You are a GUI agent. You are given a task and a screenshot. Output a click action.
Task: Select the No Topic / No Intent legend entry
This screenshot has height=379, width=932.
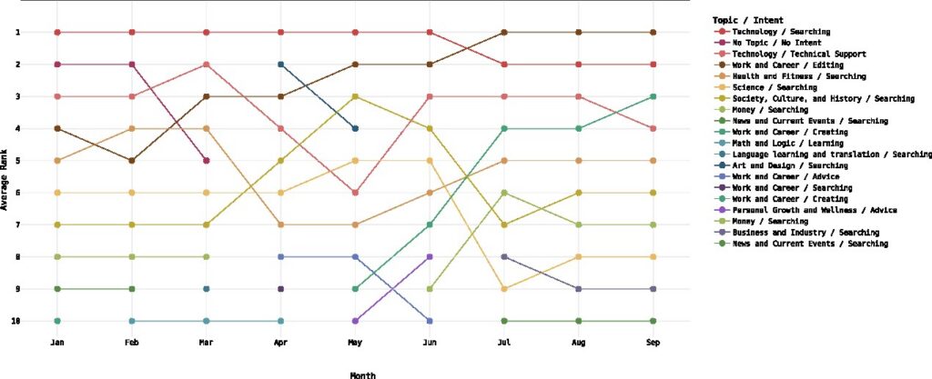pos(769,43)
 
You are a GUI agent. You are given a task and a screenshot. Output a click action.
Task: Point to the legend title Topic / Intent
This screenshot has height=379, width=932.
pos(749,19)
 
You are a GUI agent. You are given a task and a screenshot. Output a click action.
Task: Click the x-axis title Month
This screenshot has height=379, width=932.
pos(363,374)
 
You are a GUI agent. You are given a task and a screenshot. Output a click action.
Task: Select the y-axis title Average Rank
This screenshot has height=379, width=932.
pos(6,176)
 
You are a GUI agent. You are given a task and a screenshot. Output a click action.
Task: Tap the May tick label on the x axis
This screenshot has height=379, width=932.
pos(356,343)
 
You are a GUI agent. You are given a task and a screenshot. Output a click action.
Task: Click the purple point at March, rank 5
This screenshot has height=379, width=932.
pos(207,161)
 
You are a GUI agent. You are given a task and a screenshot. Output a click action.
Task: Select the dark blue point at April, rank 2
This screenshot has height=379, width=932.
pos(281,65)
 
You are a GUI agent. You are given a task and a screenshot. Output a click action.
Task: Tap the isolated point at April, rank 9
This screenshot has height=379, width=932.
pos(281,289)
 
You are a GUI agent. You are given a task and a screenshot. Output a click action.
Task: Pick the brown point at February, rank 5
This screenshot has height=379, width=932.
pos(132,161)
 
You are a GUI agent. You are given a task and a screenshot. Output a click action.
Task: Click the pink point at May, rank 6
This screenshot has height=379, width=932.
pos(356,193)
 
